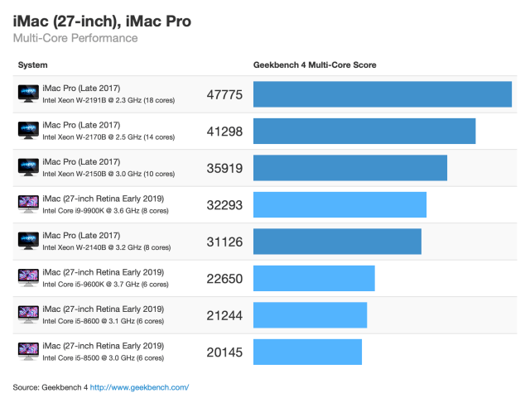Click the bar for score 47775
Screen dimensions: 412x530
[x=382, y=94]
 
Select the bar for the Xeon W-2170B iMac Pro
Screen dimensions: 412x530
[x=364, y=131]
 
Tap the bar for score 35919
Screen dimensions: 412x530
[x=349, y=168]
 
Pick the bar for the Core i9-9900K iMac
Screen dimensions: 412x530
[x=340, y=204]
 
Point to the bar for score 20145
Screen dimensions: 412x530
[x=307, y=352]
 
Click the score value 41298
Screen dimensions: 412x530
[x=224, y=131]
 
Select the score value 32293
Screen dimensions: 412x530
[x=224, y=204]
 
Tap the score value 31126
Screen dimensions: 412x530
[x=224, y=242]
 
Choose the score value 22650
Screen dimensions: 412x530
[x=224, y=278]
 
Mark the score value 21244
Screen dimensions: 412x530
[x=224, y=315]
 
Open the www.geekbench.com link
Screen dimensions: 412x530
[x=139, y=387]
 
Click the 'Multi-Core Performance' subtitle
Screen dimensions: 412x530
[x=75, y=38]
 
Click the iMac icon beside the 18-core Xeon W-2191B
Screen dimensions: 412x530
[x=28, y=94]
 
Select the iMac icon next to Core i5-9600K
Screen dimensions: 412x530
[x=28, y=278]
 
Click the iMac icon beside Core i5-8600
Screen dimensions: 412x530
[x=28, y=315]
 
